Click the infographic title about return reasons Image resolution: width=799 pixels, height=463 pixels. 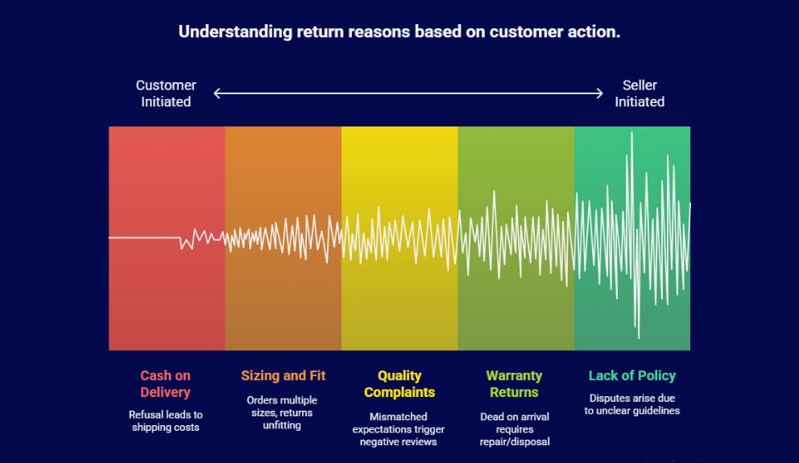[x=399, y=32]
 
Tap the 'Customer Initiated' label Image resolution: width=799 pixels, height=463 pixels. [x=166, y=93]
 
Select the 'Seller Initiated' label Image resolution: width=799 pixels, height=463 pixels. [x=640, y=93]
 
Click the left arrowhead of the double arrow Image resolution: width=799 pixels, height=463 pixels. [x=217, y=93]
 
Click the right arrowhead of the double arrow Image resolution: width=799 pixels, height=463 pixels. [x=599, y=93]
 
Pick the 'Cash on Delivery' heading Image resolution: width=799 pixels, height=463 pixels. [x=165, y=384]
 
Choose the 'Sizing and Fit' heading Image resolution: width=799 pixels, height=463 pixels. [x=283, y=376]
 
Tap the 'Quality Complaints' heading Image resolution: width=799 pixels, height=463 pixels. [x=399, y=384]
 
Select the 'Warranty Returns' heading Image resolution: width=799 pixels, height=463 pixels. [x=514, y=384]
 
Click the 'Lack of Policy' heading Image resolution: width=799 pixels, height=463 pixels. [x=631, y=376]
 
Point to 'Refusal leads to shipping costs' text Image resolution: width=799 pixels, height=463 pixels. [x=165, y=420]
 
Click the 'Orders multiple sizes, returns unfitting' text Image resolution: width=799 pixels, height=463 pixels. [x=282, y=412]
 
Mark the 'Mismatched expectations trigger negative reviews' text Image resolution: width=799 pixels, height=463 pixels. [x=398, y=428]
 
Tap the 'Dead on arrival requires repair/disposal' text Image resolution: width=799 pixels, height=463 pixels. [x=514, y=428]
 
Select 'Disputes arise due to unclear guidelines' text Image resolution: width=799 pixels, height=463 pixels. [x=631, y=404]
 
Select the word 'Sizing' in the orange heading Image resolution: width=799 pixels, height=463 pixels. [x=259, y=376]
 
